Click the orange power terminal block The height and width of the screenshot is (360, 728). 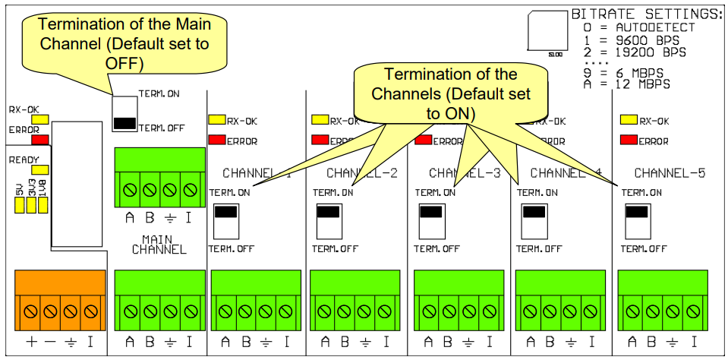coord(60,299)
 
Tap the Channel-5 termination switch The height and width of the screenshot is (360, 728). coord(636,220)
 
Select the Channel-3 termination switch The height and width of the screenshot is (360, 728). coord(430,220)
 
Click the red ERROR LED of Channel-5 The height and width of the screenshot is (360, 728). coord(629,141)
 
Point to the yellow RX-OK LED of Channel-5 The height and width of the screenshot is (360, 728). coord(629,120)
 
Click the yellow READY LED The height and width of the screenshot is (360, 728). coord(39,170)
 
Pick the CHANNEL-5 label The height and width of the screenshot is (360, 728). coord(670,173)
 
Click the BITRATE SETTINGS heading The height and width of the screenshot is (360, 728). coord(644,14)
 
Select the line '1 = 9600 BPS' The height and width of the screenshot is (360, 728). coord(629,40)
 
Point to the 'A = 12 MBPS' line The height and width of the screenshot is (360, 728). coord(627,85)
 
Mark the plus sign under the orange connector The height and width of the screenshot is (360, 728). coord(32,342)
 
